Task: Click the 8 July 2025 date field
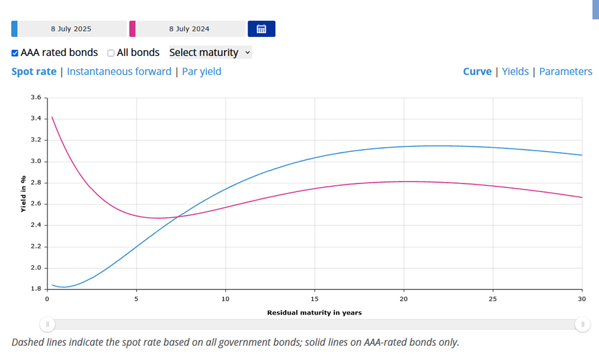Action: coord(71,29)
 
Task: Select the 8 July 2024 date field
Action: coord(189,29)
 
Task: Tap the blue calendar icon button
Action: coord(261,29)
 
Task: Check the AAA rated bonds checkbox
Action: coord(15,53)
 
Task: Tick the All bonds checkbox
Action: coord(111,53)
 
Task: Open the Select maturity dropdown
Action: coord(210,53)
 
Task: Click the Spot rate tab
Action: coord(34,71)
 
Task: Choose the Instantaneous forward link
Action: coord(119,71)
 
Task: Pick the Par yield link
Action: coord(201,71)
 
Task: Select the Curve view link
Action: coord(477,71)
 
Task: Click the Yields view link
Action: coord(515,71)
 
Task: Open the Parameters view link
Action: coord(565,71)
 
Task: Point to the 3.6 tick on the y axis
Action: coord(36,98)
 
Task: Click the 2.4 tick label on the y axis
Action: coord(36,225)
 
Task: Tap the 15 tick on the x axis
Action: coord(315,298)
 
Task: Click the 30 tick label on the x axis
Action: coord(581,298)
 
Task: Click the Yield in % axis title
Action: coord(23,194)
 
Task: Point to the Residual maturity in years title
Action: coord(314,313)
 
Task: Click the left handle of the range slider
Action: coord(47,324)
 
